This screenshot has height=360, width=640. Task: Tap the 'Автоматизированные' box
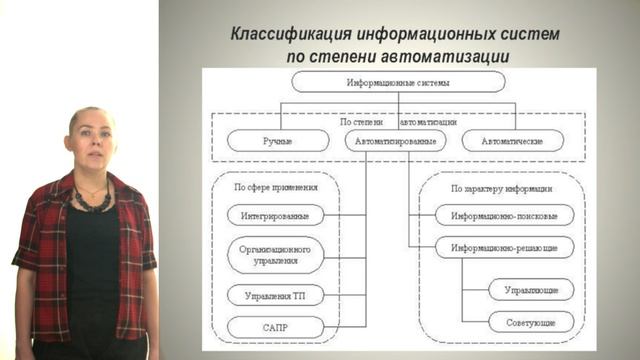tap(396, 140)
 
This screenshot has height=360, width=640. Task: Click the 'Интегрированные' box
tap(276, 215)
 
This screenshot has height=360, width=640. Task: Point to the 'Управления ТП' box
tap(276, 295)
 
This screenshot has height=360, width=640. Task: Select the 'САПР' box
tap(276, 326)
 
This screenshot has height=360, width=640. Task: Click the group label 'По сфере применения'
tap(276, 187)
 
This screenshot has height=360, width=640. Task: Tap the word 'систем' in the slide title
tap(532, 34)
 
